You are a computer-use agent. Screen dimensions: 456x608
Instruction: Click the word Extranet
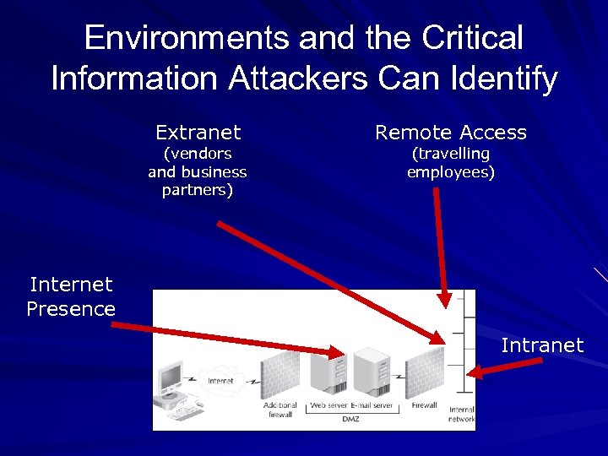point(198,133)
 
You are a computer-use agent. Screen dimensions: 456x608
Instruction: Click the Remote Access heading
point(450,133)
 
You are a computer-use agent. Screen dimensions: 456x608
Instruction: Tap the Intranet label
point(542,345)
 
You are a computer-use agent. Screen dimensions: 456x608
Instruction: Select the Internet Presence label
point(71,296)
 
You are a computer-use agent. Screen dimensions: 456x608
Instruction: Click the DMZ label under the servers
point(350,419)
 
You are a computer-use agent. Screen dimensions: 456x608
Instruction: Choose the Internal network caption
point(462,414)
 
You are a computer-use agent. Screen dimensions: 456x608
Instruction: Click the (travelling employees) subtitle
point(450,163)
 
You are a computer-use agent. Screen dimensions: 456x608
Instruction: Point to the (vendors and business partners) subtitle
point(198,171)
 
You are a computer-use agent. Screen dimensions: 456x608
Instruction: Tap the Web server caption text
point(328,405)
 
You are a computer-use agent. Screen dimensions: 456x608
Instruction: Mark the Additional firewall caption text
point(280,410)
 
